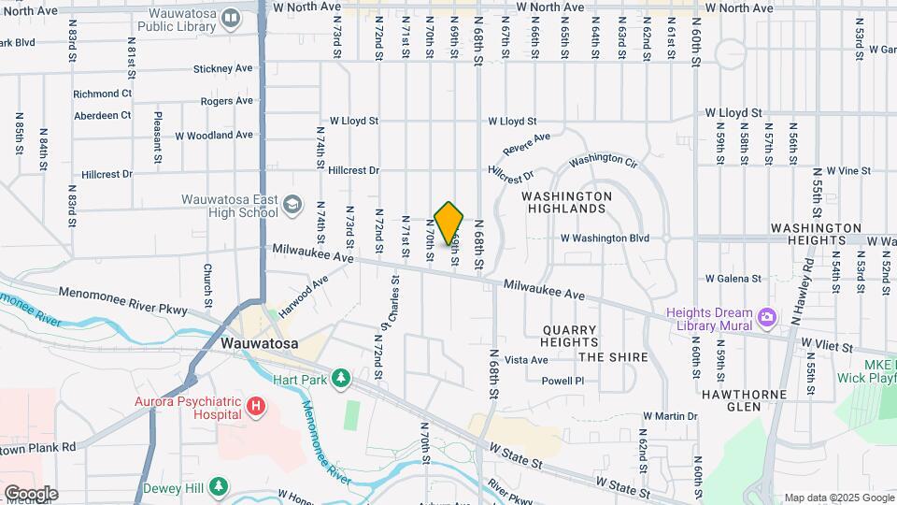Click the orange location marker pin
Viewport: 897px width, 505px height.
point(449,223)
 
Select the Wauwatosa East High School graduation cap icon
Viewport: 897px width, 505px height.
point(292,205)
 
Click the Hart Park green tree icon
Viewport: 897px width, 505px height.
point(342,378)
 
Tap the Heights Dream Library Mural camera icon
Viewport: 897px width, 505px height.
point(767,318)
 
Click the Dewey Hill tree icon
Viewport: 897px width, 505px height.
point(218,487)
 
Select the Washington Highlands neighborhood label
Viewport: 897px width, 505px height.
point(566,202)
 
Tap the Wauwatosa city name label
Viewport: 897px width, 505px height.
point(260,343)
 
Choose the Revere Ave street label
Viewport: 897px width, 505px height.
point(526,144)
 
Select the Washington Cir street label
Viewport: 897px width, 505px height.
point(603,162)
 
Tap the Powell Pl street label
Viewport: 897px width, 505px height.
point(562,381)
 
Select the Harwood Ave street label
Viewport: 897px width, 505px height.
point(304,295)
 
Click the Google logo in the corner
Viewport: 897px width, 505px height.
point(30,494)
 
